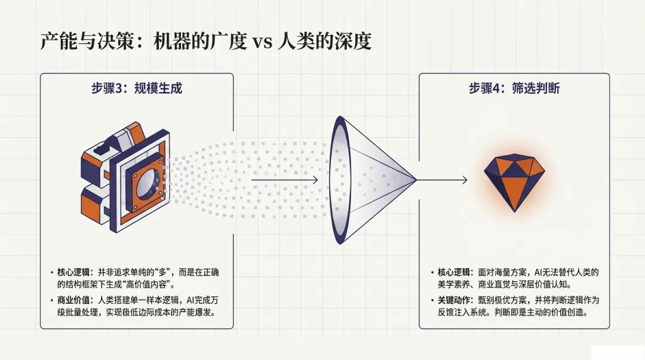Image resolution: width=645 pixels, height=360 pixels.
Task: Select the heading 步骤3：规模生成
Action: (136, 89)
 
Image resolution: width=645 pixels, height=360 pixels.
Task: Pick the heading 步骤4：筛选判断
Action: (514, 89)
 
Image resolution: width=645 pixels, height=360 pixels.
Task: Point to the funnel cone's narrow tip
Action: (414, 179)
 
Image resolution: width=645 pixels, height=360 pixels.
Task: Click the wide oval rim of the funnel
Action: (340, 179)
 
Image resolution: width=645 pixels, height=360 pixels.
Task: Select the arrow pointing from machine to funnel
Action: (284, 179)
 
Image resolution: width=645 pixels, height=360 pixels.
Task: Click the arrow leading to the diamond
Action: (442, 179)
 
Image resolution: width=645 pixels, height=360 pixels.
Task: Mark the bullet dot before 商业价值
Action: (52, 300)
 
